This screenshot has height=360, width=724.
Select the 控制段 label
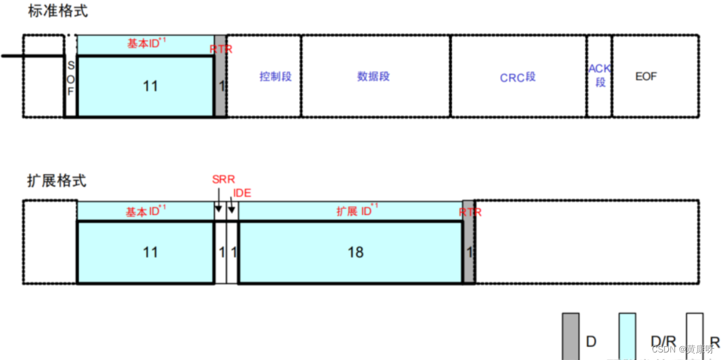(x=276, y=77)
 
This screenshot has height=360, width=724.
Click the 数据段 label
(x=374, y=77)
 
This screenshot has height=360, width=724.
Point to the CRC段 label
(x=518, y=77)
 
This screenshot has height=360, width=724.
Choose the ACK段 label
(x=599, y=75)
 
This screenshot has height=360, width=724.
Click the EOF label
(x=646, y=77)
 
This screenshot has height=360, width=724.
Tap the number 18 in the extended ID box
(x=355, y=252)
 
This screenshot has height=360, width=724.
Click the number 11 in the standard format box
(x=150, y=86)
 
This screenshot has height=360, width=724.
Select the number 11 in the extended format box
(x=150, y=252)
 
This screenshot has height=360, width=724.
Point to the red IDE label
(x=242, y=193)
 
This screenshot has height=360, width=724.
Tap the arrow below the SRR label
(x=218, y=207)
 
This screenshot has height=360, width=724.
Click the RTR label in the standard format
(x=221, y=49)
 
